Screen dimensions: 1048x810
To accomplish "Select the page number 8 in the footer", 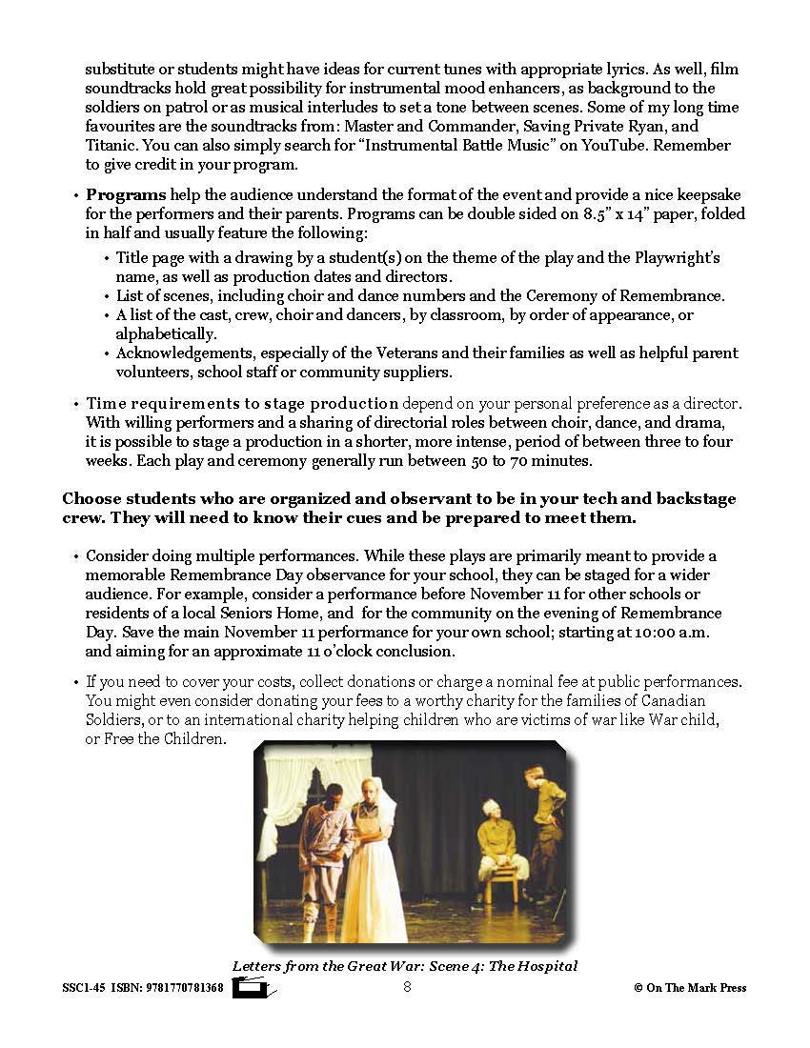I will pyautogui.click(x=407, y=987).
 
